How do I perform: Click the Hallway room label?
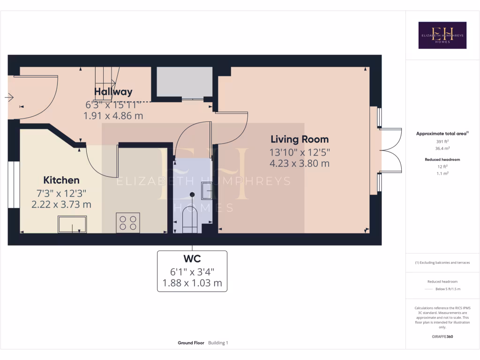(113, 91)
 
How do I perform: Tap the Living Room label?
(300, 139)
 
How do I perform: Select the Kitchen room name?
(61, 180)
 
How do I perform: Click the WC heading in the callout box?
(192, 259)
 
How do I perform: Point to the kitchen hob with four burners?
(128, 223)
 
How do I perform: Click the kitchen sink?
(72, 224)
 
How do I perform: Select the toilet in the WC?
(190, 219)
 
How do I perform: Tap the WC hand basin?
(207, 191)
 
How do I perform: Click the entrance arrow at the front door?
(9, 97)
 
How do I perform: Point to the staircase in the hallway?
(107, 84)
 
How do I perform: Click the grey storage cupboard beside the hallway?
(185, 82)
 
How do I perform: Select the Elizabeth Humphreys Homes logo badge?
(442, 35)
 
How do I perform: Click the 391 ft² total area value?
(442, 142)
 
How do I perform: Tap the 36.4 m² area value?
(442, 148)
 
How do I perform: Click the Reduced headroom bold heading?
(442, 159)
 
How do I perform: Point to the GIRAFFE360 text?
(442, 337)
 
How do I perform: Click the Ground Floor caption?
(191, 343)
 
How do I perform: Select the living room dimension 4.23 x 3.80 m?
(300, 163)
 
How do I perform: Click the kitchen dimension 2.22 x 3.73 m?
(61, 204)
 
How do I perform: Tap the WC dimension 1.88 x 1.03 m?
(192, 283)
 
